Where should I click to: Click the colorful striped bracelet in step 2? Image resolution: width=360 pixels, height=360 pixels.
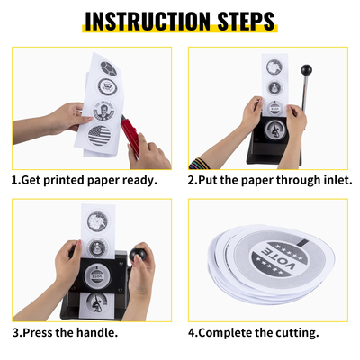coord(199,165)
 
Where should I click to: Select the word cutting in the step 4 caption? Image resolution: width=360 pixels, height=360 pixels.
coord(294,333)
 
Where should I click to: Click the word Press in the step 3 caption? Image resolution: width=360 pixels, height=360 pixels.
coord(37,333)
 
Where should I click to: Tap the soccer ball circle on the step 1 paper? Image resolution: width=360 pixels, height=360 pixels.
coord(108,68)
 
